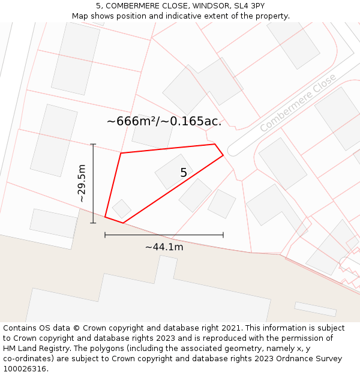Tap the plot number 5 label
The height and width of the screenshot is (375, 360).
coord(184,173)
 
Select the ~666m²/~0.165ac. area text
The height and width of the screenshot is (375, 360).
coord(164,121)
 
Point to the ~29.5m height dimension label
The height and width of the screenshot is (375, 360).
coord(82,184)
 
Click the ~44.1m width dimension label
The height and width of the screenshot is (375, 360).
coord(164,247)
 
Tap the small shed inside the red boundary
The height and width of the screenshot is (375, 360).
coord(122,209)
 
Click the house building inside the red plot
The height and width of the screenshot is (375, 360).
coord(173,172)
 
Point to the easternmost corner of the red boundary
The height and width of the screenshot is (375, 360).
coord(223,155)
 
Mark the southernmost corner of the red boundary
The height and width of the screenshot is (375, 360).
coord(123,223)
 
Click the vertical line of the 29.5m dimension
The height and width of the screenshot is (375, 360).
coord(93,184)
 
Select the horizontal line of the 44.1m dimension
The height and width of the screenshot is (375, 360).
coord(164,235)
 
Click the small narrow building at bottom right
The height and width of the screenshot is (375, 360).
coord(315,309)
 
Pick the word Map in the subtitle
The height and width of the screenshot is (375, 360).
coord(80,16)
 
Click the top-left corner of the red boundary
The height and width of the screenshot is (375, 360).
coord(121,153)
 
